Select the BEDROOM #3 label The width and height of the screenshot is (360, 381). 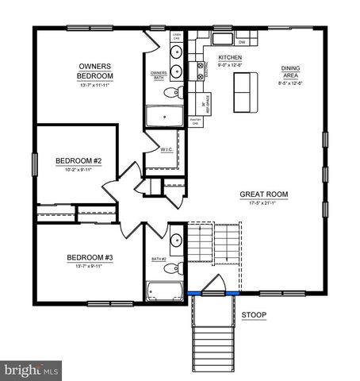point(90,257)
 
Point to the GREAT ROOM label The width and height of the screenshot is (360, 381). point(264,194)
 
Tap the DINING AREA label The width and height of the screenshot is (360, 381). point(290,74)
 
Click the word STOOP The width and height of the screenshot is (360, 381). point(254,315)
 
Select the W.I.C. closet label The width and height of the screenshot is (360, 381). point(167,148)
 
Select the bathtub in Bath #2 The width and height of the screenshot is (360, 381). point(163,290)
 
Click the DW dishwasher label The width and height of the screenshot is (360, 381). point(241,40)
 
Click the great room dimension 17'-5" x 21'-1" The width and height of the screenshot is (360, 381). point(264,203)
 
